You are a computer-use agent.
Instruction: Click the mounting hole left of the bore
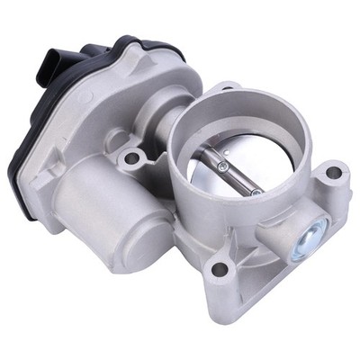[132, 158]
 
